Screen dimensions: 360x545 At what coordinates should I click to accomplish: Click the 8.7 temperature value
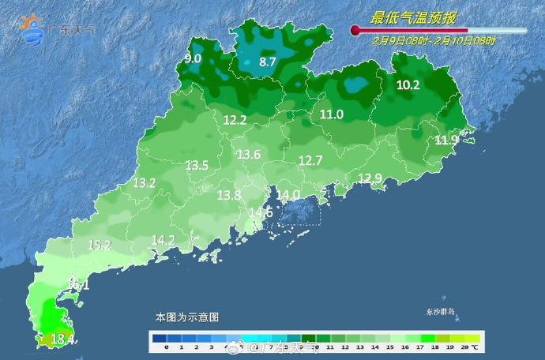(268, 62)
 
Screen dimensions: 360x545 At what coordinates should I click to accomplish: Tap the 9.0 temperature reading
(193, 58)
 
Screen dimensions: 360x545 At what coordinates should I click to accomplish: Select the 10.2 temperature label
(408, 85)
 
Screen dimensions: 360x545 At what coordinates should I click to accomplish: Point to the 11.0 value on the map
(332, 114)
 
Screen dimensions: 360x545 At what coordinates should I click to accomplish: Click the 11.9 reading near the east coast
(446, 141)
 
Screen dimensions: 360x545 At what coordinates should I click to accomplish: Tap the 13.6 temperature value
(249, 155)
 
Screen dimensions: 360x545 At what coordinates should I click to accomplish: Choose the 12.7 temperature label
(310, 160)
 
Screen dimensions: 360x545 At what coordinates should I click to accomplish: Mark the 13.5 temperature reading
(197, 166)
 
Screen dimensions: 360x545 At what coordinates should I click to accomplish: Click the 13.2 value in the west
(144, 182)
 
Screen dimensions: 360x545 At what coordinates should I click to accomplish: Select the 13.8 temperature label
(229, 195)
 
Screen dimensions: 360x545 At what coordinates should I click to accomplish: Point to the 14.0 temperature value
(288, 194)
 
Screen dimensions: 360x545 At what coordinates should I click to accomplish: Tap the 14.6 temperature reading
(261, 212)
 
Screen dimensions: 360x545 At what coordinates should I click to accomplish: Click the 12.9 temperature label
(370, 178)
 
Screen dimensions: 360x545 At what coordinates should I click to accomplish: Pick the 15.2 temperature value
(99, 246)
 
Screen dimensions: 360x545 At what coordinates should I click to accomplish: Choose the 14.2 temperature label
(163, 239)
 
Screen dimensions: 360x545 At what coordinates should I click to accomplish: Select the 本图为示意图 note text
(186, 317)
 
